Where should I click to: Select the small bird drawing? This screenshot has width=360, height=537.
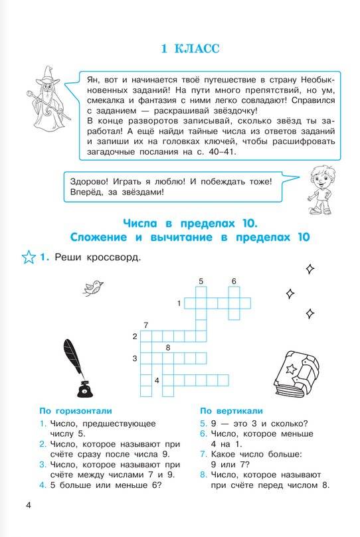click(94, 286)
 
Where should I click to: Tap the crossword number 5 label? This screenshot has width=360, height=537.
click(201, 281)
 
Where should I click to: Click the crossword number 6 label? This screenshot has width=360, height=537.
click(234, 281)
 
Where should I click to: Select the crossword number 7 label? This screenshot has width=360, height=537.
click(145, 325)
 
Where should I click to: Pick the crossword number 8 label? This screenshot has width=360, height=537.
click(168, 348)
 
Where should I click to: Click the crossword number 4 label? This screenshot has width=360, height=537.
click(157, 380)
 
